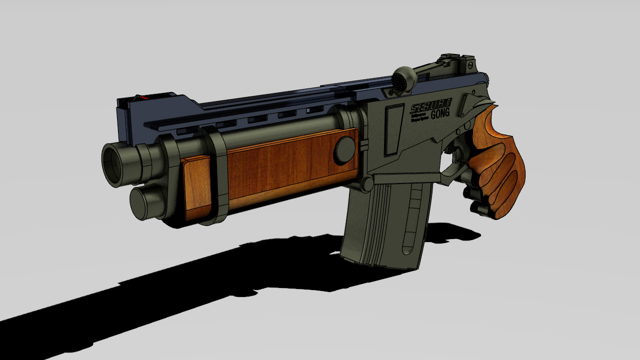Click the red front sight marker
pyautogui.click(x=143, y=97)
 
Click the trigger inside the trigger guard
pyautogui.click(x=456, y=155)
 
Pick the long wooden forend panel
pyautogui.click(x=290, y=165)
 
